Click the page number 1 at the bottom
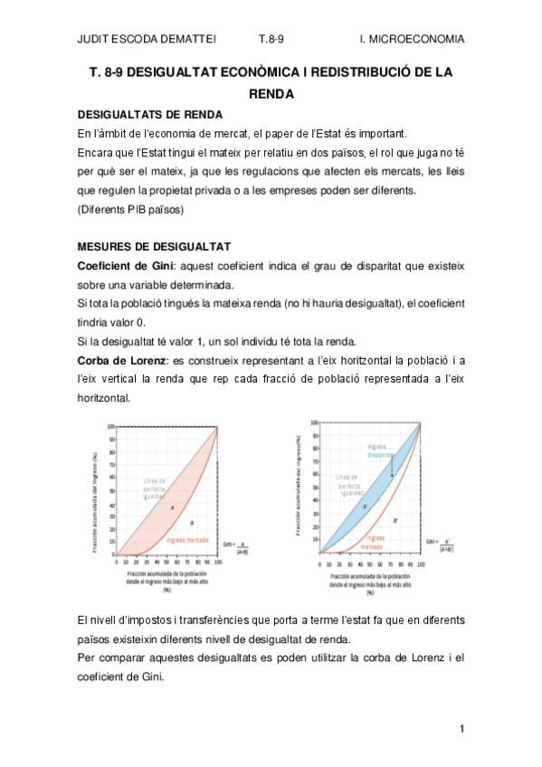click(x=461, y=729)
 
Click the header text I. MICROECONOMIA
click(x=412, y=39)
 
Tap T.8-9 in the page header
click(x=271, y=39)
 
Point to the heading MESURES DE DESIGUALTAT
click(x=154, y=246)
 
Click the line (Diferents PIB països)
click(x=130, y=209)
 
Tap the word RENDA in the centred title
click(x=271, y=92)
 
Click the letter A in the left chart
click(x=171, y=507)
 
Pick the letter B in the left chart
click(x=193, y=523)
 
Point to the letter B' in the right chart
click(x=396, y=521)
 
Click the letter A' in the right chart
click(x=365, y=507)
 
